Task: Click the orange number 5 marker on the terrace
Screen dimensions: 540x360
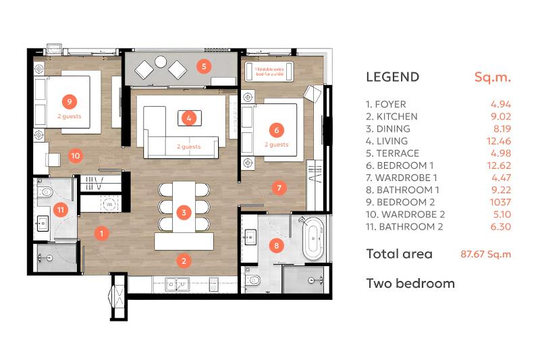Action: pyautogui.click(x=204, y=66)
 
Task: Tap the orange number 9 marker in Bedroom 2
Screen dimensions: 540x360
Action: pyautogui.click(x=70, y=101)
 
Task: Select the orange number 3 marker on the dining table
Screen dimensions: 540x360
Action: pyautogui.click(x=184, y=213)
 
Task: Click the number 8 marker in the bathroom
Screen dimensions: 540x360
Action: pyautogui.click(x=277, y=245)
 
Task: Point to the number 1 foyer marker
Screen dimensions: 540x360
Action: pyautogui.click(x=102, y=234)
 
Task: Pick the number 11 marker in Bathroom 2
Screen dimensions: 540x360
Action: pyautogui.click(x=61, y=210)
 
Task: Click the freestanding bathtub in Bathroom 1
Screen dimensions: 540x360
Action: pyautogui.click(x=313, y=238)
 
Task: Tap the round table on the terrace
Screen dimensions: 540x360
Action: pyautogui.click(x=161, y=61)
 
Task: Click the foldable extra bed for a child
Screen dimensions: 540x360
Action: pyautogui.click(x=269, y=72)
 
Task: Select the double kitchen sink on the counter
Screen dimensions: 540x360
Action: pyautogui.click(x=177, y=284)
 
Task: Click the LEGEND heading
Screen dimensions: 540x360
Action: pyautogui.click(x=393, y=77)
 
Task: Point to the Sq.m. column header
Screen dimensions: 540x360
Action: pyautogui.click(x=493, y=77)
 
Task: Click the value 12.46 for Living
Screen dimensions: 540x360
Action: pyautogui.click(x=499, y=141)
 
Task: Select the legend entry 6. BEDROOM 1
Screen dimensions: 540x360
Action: pyautogui.click(x=400, y=165)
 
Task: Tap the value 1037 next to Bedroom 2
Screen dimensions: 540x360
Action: pyautogui.click(x=500, y=202)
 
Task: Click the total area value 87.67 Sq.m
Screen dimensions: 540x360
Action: pyautogui.click(x=486, y=254)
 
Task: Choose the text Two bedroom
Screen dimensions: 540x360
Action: pyautogui.click(x=410, y=284)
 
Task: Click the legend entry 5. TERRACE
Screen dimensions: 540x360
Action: pyautogui.click(x=393, y=153)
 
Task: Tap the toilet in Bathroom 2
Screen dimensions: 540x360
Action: pyautogui.click(x=45, y=191)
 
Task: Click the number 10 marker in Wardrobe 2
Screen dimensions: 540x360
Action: pyautogui.click(x=76, y=156)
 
